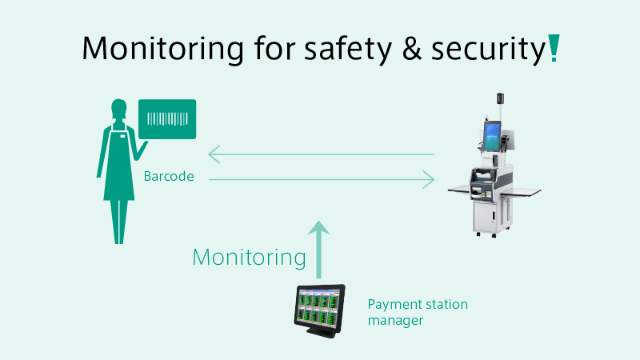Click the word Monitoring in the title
(162, 49)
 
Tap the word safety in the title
(348, 49)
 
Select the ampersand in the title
(411, 49)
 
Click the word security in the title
(489, 50)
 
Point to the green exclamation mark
(554, 48)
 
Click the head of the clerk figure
(118, 108)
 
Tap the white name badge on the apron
(122, 136)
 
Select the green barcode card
(167, 119)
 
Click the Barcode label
(169, 176)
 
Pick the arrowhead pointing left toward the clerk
(214, 154)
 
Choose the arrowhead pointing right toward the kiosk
(428, 179)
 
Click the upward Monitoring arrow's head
(318, 228)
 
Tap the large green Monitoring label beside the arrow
(249, 258)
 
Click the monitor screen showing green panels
(319, 309)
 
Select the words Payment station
(418, 305)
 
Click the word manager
(395, 321)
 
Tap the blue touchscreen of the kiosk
(492, 135)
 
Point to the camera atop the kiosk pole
(500, 98)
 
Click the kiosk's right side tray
(522, 191)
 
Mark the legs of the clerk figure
(118, 222)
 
